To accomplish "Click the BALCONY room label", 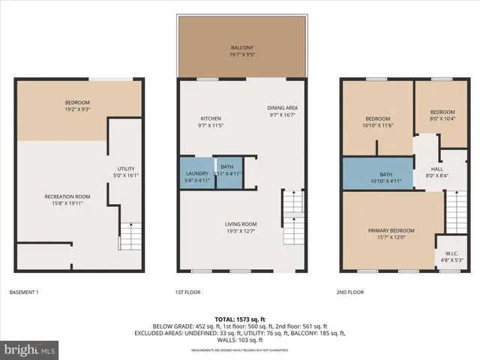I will (242, 51).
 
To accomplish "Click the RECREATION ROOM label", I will (61, 199).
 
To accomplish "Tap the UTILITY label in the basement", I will (125, 172).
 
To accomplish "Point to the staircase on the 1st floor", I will (292, 217).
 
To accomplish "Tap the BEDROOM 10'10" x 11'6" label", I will (377, 122).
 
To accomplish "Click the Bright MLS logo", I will (29, 349).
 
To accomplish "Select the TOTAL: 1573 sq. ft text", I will (240, 319).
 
